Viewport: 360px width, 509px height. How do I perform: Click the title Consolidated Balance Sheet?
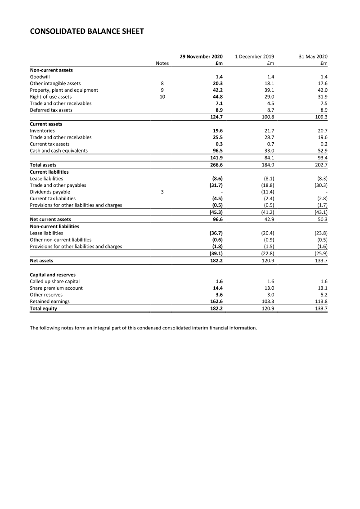tap(87, 31)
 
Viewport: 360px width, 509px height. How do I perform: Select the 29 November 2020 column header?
tap(201, 57)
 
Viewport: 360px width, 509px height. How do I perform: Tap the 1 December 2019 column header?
tap(255, 57)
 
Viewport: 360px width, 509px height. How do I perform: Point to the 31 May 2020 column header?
tap(313, 57)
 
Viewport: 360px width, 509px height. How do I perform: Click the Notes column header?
tap(162, 63)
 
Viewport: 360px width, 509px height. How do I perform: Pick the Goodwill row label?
tap(40, 77)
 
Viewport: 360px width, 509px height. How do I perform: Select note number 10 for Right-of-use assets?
tap(162, 97)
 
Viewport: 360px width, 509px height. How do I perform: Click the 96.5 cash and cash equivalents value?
tap(218, 151)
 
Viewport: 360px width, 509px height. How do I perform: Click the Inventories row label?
tap(42, 131)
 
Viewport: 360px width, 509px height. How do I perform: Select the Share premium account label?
tap(56, 288)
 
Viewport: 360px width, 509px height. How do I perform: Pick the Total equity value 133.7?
tap(320, 309)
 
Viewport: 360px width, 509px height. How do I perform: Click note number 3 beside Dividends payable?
tap(162, 192)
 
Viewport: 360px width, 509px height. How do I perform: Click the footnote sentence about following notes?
tap(143, 328)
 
